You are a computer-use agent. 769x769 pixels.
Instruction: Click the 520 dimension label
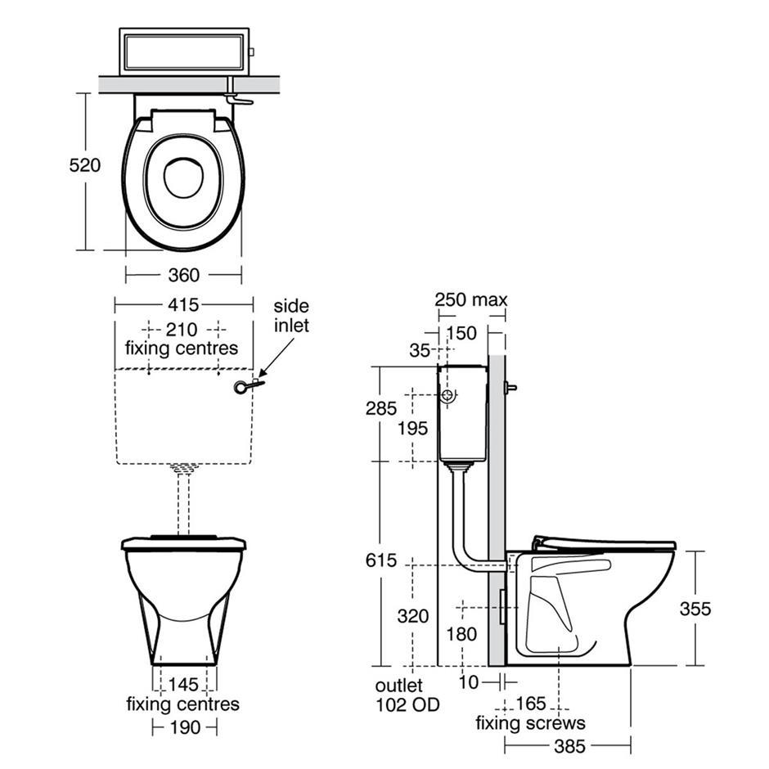tap(85, 165)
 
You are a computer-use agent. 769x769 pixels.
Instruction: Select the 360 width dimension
tap(184, 275)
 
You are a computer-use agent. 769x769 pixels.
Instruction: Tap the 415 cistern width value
tap(183, 304)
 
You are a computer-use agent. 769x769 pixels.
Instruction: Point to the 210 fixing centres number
tap(182, 329)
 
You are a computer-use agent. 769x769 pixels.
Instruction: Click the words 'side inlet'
tap(291, 315)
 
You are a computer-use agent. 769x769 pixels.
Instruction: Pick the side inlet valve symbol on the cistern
tap(250, 386)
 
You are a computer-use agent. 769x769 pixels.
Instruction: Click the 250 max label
tap(471, 299)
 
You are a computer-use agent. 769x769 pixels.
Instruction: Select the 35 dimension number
tap(420, 351)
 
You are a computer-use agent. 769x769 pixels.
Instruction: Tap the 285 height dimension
tap(381, 408)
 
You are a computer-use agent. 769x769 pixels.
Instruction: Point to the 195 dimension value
tap(412, 428)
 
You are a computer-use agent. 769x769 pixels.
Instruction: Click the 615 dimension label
tap(381, 560)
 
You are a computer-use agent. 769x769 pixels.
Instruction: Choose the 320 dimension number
tap(413, 616)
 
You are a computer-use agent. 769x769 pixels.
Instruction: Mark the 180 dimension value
tap(461, 634)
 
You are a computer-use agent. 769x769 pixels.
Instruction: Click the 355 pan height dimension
tap(695, 609)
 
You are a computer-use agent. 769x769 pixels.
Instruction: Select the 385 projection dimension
tap(570, 746)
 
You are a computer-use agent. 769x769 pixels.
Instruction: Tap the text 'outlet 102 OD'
tap(407, 695)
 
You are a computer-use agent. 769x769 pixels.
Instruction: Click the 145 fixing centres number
tap(183, 684)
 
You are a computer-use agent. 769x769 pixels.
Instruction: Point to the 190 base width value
tap(185, 727)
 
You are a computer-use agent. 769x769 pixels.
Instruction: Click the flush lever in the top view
tap(239, 100)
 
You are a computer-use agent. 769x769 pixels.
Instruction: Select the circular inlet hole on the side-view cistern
tap(447, 395)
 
